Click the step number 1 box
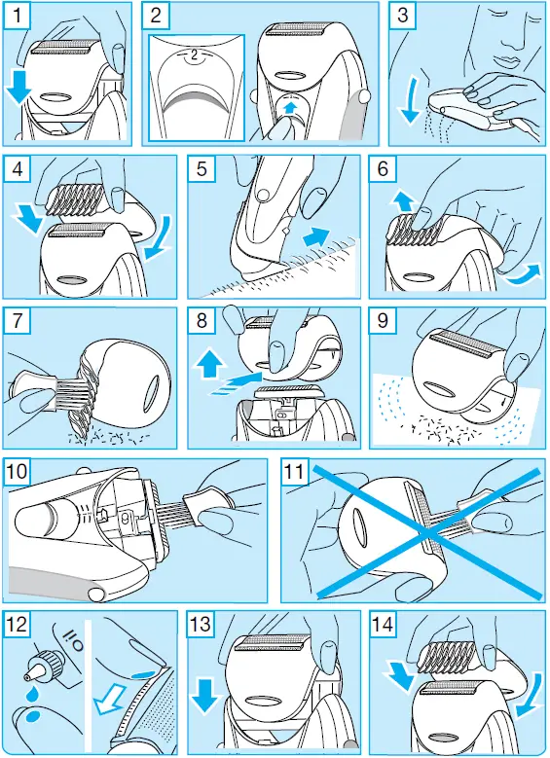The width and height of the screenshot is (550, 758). [x=18, y=18]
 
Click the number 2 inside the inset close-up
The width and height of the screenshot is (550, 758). [x=193, y=56]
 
